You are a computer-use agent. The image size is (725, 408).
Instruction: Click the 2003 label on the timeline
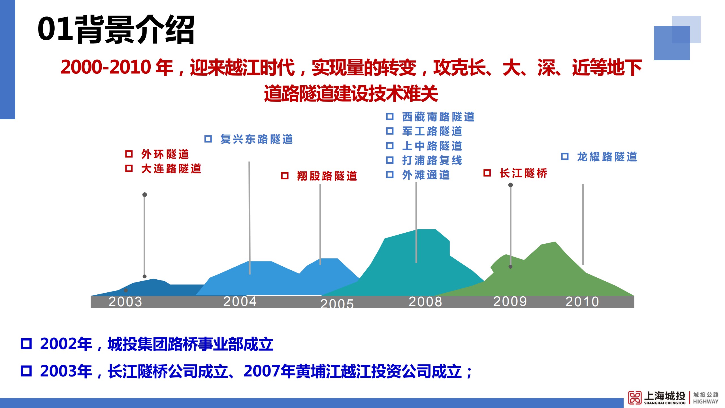(125, 302)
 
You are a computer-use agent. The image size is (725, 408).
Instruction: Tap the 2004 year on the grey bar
(240, 301)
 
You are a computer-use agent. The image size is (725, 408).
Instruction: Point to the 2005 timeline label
(337, 303)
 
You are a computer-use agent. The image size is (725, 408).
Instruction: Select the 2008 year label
(425, 302)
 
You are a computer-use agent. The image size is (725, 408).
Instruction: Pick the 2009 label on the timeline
(510, 301)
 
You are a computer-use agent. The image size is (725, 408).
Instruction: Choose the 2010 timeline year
(582, 302)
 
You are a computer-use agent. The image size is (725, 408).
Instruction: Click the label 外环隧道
(165, 154)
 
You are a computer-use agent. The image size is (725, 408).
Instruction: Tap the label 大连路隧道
(171, 169)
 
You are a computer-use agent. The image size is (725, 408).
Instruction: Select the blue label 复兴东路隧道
(257, 139)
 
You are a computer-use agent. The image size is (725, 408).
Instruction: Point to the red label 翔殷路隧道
(327, 176)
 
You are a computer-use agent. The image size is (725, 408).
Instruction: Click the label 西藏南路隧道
(438, 117)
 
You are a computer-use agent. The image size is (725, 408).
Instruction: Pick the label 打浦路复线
(432, 160)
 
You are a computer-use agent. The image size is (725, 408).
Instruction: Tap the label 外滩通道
(426, 175)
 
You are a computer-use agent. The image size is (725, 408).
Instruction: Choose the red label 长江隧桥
(524, 173)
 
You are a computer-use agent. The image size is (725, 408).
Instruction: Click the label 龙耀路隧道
(607, 157)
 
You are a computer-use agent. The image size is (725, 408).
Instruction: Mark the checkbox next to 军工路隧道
(390, 131)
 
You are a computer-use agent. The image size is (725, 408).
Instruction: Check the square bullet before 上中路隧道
(390, 146)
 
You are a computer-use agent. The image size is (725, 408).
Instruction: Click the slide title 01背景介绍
(116, 29)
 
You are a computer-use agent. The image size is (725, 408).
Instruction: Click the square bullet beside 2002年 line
(26, 344)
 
